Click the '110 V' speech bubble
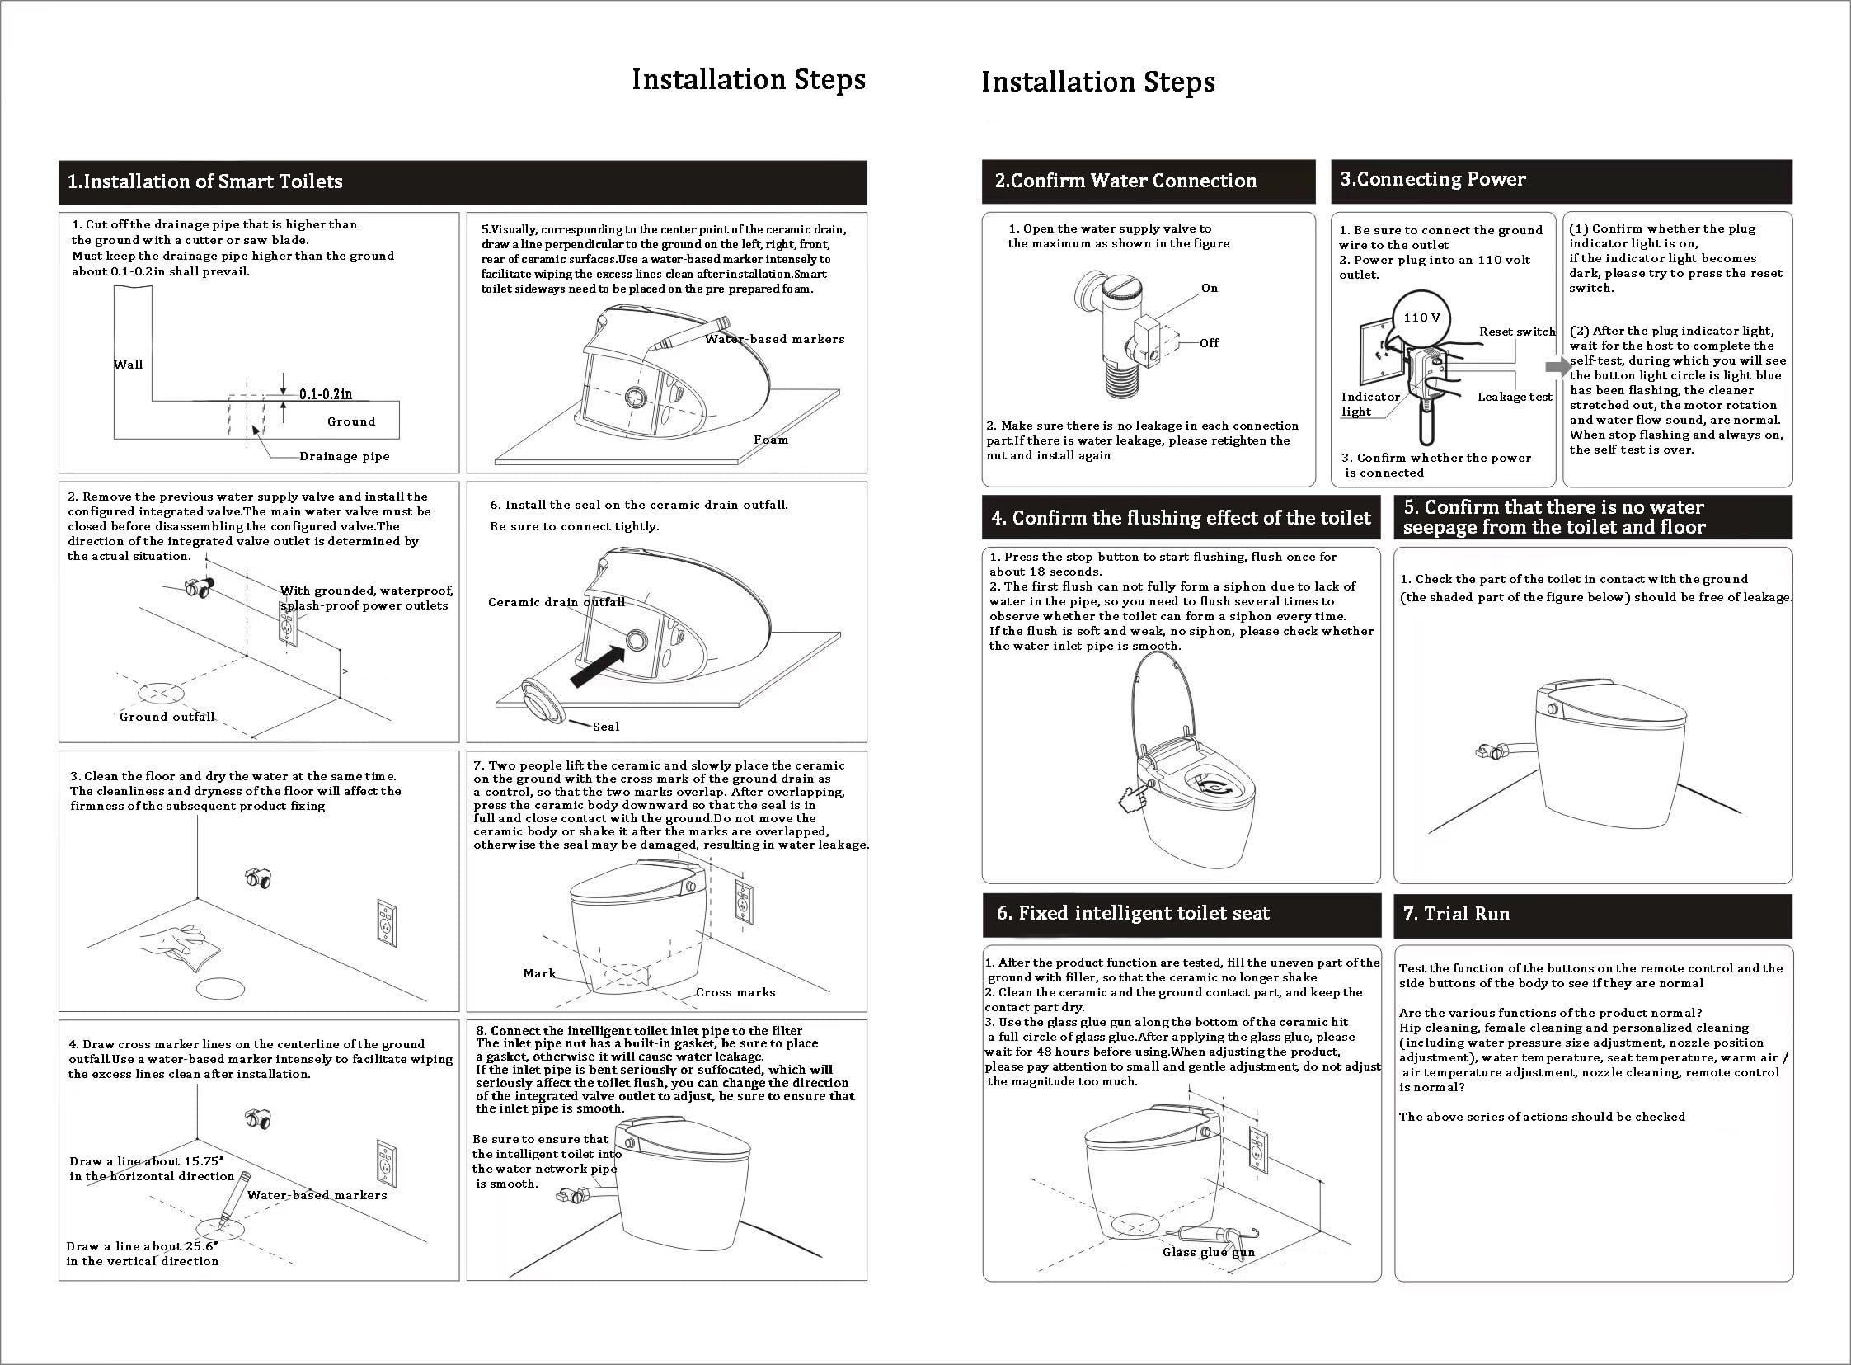(1421, 317)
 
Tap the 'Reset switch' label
(1516, 332)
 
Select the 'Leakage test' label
(1515, 397)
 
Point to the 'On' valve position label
(1210, 289)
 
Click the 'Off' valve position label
(1210, 343)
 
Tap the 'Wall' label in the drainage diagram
(128, 365)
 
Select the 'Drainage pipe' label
(345, 456)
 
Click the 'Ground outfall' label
(167, 717)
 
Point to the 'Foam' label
(771, 440)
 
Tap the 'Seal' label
(605, 727)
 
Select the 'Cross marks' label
(735, 992)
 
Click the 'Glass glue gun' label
(1209, 1252)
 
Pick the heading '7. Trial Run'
(1456, 914)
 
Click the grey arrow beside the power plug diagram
(1557, 366)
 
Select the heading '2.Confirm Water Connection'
(1125, 181)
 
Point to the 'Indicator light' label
(1370, 404)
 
